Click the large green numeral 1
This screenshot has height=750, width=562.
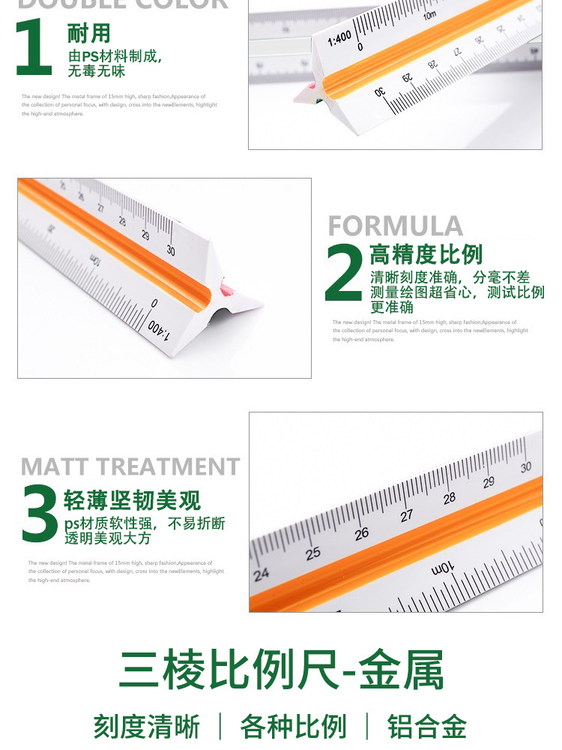click(34, 47)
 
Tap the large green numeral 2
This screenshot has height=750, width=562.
click(344, 273)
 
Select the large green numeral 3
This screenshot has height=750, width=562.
click(39, 514)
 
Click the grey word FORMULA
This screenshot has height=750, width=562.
click(395, 226)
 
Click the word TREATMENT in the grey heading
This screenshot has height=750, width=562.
click(175, 466)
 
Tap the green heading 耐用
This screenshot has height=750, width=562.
click(88, 34)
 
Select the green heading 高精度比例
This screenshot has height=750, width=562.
click(426, 254)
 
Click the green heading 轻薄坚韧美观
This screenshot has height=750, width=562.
click(133, 499)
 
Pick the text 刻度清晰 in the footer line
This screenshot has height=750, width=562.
click(147, 727)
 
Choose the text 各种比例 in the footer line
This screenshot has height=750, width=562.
click(293, 727)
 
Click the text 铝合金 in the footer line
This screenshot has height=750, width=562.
click(426, 727)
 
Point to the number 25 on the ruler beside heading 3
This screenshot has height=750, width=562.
click(312, 553)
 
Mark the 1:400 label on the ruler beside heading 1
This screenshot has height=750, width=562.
click(339, 37)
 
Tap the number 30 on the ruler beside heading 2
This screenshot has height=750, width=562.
click(171, 250)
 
